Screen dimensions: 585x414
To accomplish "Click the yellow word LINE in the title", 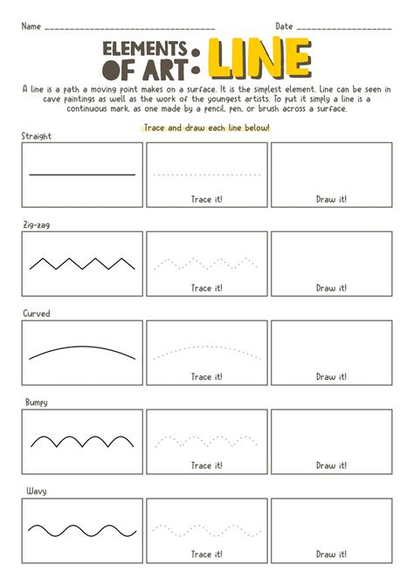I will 259,59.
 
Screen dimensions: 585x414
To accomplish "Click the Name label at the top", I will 31,26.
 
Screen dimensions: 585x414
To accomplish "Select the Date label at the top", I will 284,26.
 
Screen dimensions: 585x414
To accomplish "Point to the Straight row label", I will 37,135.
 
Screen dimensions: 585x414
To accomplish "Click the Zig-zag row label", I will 36,224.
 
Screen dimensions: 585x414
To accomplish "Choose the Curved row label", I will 36,313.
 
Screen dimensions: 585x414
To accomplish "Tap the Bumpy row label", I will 36,402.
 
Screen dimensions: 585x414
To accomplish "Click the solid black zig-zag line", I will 82,263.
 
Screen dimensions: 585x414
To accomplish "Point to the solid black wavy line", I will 82,529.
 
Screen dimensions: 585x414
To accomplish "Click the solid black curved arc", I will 82,348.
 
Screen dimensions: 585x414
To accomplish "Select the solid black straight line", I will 82,175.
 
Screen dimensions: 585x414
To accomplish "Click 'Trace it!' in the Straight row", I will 206,199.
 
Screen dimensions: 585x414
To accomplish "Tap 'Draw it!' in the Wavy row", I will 331,554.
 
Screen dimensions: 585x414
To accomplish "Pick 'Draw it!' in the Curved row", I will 331,377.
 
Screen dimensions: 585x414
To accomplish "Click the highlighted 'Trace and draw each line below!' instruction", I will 206,127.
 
